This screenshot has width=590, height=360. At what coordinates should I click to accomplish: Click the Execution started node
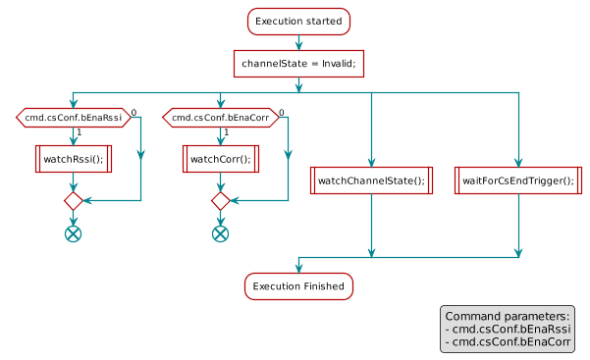(x=298, y=21)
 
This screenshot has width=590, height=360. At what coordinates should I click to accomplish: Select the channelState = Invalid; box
(x=298, y=64)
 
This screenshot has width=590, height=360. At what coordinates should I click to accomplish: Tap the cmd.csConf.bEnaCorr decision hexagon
(x=220, y=119)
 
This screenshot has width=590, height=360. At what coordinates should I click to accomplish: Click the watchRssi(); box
(x=73, y=158)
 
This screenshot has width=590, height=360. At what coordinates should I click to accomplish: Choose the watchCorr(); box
(x=220, y=158)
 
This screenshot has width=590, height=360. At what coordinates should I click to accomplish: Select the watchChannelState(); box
(x=372, y=180)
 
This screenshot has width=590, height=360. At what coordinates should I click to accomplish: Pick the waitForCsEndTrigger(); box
(x=518, y=180)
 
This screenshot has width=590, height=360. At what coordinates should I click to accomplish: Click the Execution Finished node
(x=298, y=285)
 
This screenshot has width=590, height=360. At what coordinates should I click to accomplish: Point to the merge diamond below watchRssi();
(x=73, y=200)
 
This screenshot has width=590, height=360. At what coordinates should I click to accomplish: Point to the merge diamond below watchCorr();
(x=220, y=200)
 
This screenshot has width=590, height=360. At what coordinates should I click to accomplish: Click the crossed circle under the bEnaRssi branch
(x=73, y=233)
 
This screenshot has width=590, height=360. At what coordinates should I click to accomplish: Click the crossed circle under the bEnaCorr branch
(x=220, y=233)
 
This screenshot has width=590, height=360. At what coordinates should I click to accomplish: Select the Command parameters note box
(x=508, y=330)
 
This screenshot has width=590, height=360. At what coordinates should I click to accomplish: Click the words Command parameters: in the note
(x=507, y=317)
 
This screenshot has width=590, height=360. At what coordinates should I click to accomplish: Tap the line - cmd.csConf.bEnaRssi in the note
(x=508, y=330)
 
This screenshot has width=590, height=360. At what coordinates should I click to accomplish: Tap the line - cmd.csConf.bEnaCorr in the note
(x=508, y=342)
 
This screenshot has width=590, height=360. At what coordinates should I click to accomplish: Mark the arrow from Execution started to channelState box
(x=298, y=41)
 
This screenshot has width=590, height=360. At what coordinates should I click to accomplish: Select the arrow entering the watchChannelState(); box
(x=372, y=132)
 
